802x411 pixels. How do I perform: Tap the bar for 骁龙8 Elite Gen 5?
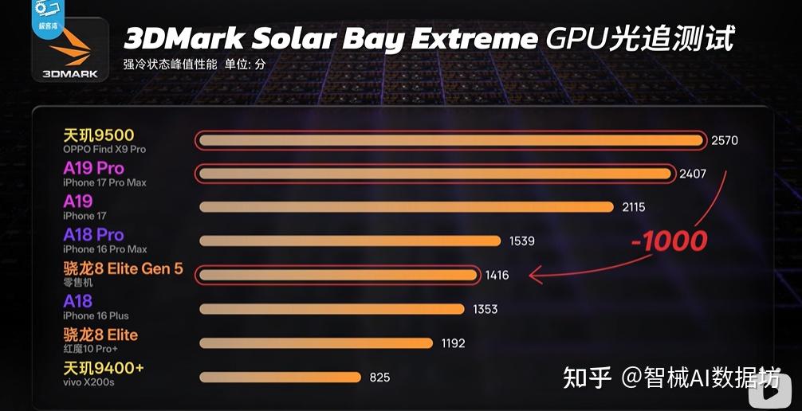point(338,275)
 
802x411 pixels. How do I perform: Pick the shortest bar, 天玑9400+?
point(281,377)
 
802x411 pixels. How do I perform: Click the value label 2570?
point(724,141)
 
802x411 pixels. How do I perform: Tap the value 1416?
point(496,275)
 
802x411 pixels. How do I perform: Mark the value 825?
point(379,377)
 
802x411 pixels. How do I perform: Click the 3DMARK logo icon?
point(70,49)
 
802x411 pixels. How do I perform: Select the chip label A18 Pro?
point(93,235)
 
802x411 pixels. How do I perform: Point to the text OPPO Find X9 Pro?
point(104,149)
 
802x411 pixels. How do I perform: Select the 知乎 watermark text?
point(588,378)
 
